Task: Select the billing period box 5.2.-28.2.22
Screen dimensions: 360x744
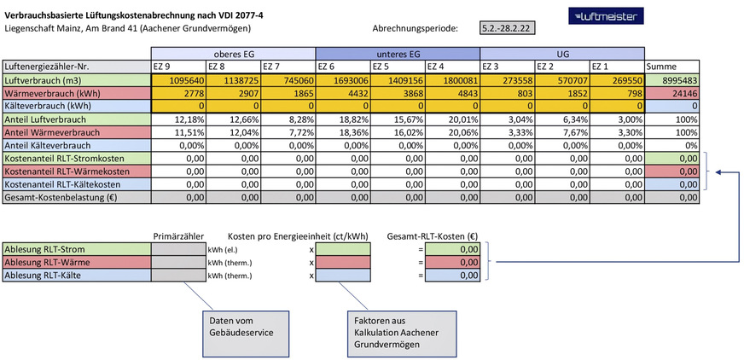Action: [509, 28]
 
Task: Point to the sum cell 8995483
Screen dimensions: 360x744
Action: [672, 78]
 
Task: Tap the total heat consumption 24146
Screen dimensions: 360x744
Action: [672, 91]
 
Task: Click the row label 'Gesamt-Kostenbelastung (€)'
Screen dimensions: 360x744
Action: [75, 197]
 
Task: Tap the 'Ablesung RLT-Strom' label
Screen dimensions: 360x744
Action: [75, 249]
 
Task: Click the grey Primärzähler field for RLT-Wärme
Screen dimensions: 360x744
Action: [177, 262]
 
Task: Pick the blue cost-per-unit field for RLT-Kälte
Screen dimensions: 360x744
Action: [344, 275]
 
